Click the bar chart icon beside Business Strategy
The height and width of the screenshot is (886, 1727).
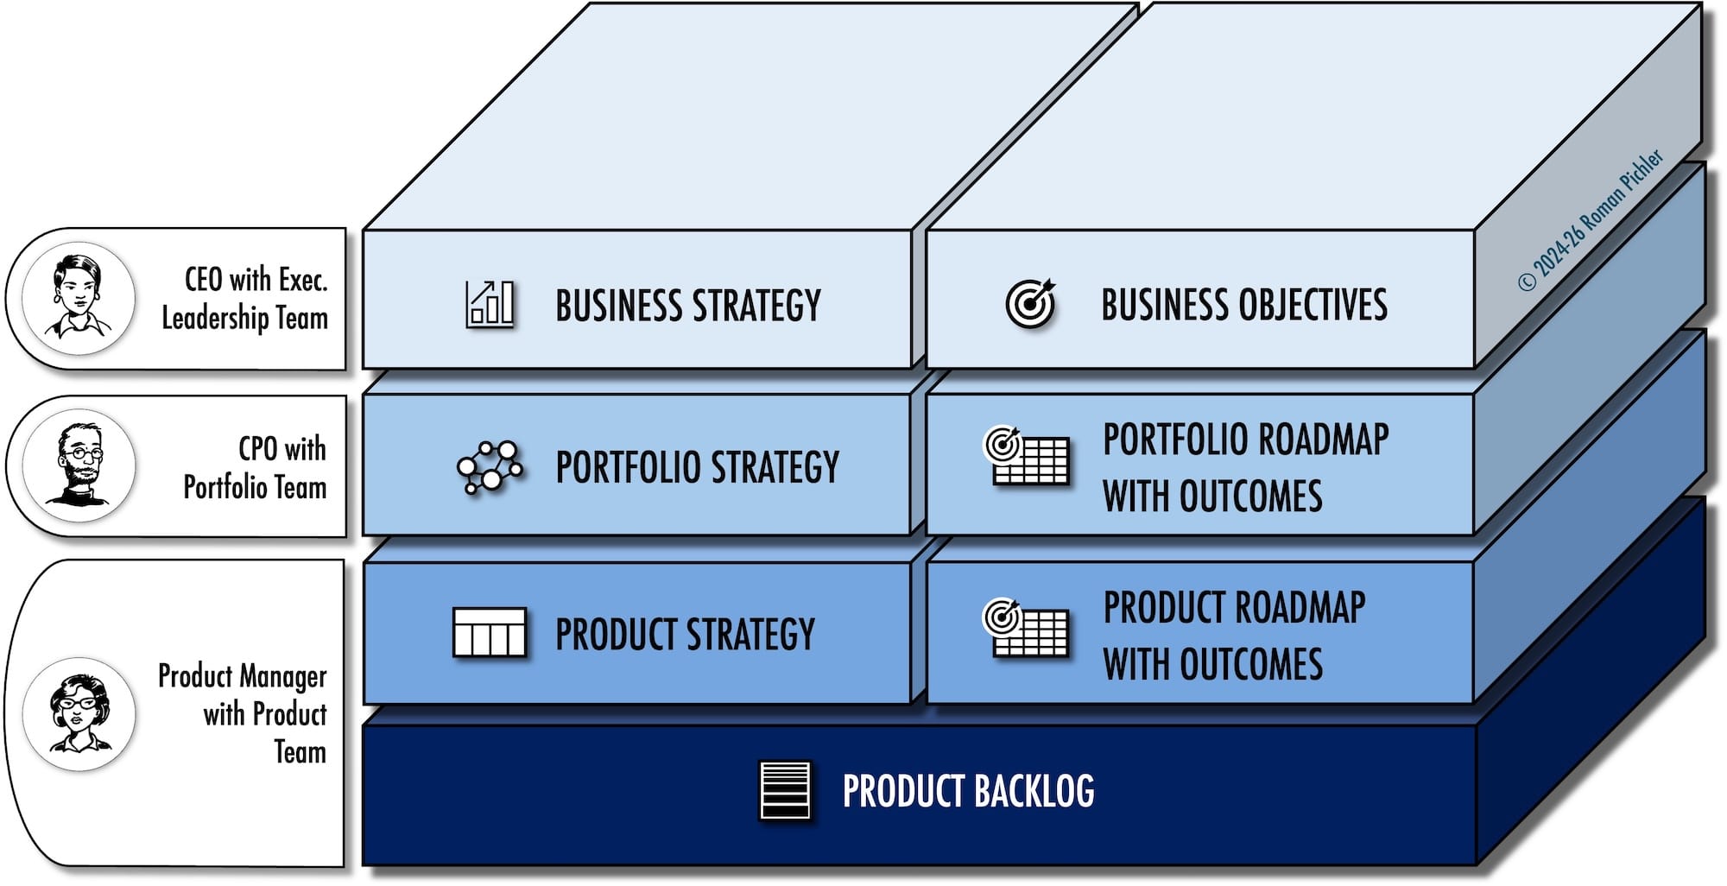[x=490, y=304]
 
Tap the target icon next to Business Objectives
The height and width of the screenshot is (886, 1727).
[x=1030, y=303]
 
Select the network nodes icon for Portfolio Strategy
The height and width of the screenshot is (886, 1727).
[x=490, y=467]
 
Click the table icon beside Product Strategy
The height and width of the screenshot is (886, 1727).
[x=490, y=633]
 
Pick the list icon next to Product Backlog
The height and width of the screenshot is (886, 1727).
[x=785, y=789]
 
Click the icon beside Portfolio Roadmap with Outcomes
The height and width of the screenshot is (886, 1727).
[x=1027, y=456]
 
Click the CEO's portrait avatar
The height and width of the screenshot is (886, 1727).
[x=79, y=298]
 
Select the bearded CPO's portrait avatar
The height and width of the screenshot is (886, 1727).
[x=79, y=465]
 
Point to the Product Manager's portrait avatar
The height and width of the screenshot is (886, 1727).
[x=79, y=714]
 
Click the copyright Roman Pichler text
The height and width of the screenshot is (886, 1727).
[x=1591, y=219]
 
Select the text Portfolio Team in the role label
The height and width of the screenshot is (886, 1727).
[x=255, y=487]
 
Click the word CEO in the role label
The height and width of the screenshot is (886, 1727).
[x=204, y=280]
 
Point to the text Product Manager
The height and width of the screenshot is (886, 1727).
[x=243, y=676]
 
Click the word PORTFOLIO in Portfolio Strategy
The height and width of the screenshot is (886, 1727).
[x=628, y=467]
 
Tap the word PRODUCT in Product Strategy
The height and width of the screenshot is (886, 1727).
[x=616, y=634]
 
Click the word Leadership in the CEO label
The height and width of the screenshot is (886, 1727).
[x=215, y=318]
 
